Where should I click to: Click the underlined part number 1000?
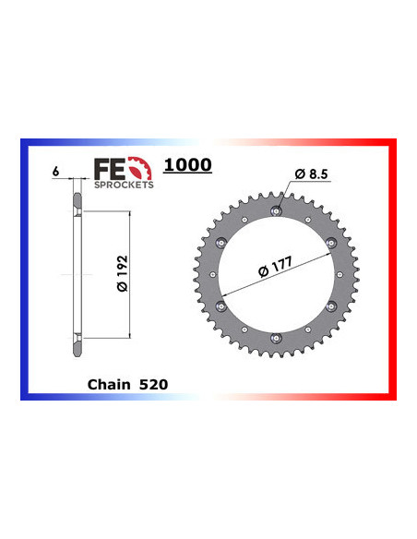pos(187,165)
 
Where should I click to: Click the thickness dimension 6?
pos(56,172)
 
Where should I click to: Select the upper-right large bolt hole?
pos(330,243)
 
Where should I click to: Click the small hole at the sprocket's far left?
pos(211,275)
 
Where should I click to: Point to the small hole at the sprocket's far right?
pos(339,275)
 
